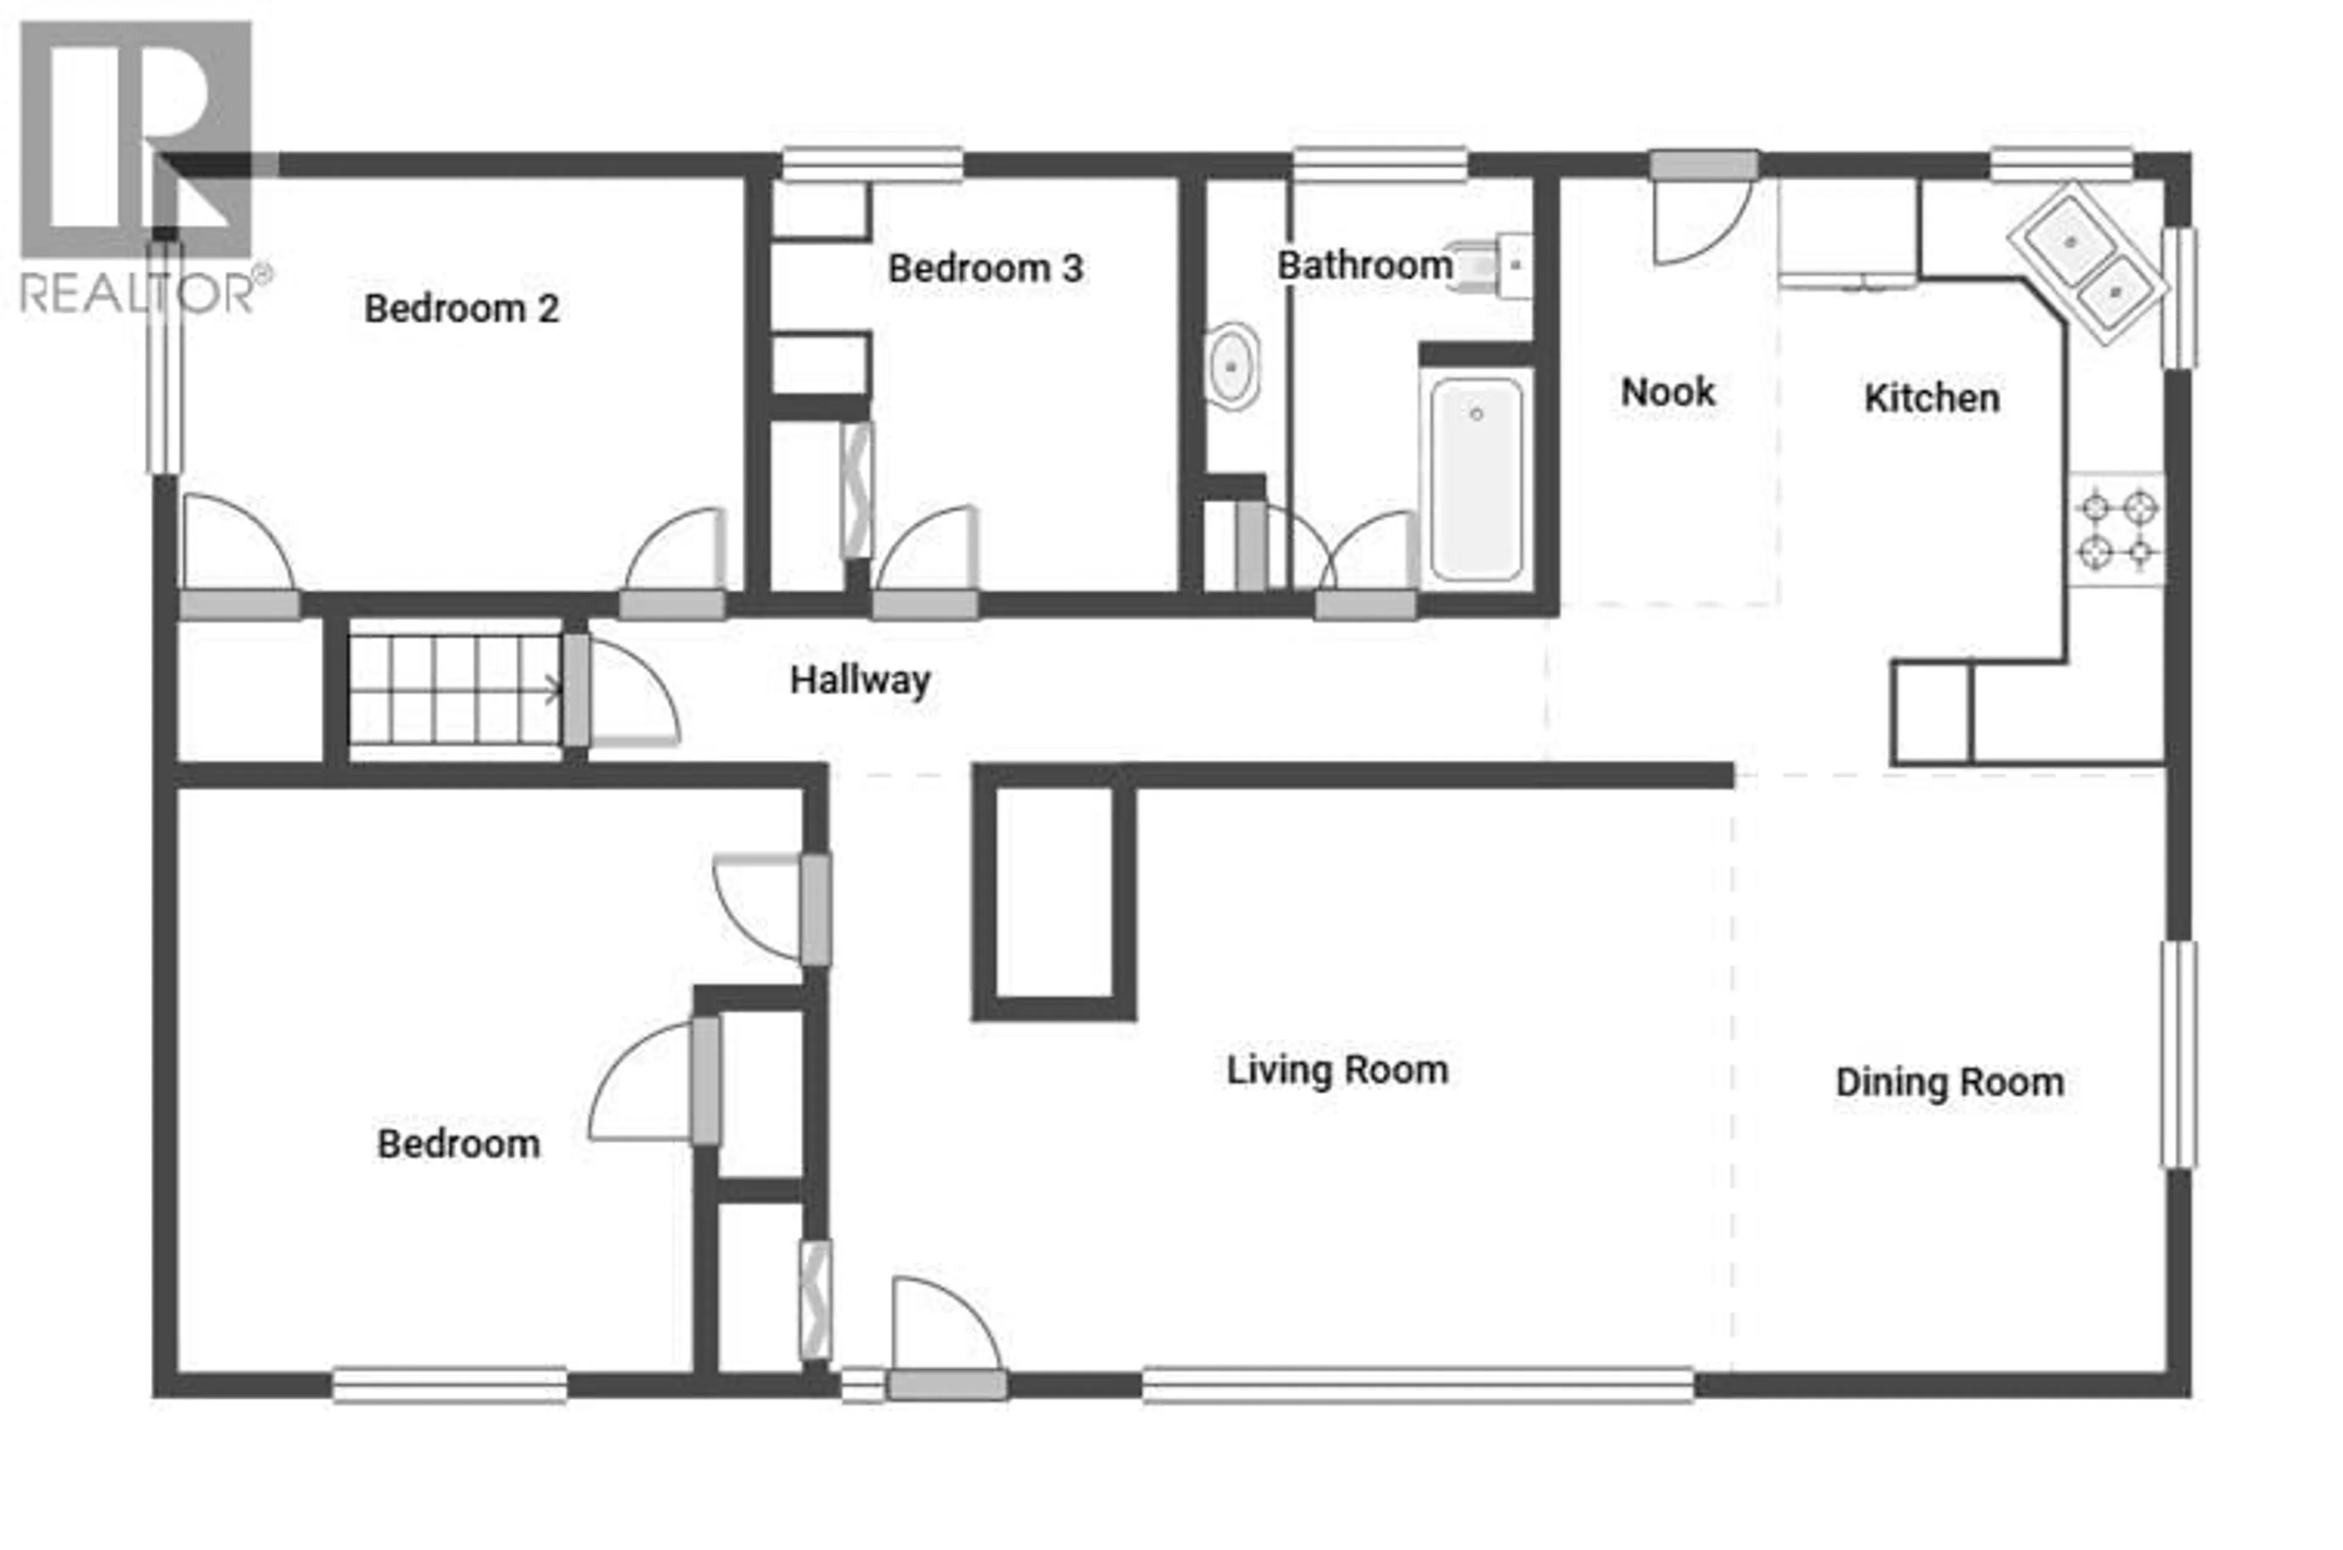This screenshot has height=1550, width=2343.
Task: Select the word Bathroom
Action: click(x=1364, y=265)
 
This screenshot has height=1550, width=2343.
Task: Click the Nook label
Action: click(x=1668, y=392)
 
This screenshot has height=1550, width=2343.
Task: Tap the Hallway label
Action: click(x=860, y=680)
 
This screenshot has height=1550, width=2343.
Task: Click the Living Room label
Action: click(x=1337, y=1069)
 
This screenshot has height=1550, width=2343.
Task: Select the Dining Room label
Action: click(x=1949, y=1082)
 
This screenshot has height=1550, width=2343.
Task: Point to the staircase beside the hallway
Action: click(x=453, y=689)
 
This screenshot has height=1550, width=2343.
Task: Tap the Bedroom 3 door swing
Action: click(x=926, y=554)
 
